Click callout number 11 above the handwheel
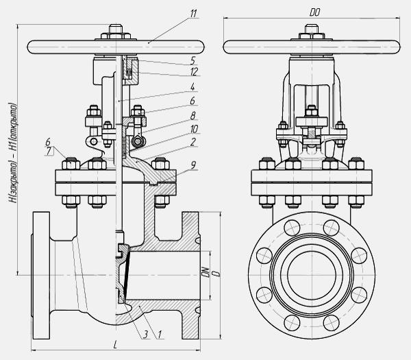[x=194, y=13]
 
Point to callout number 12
[x=195, y=71]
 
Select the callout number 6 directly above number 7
[x=48, y=142]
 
